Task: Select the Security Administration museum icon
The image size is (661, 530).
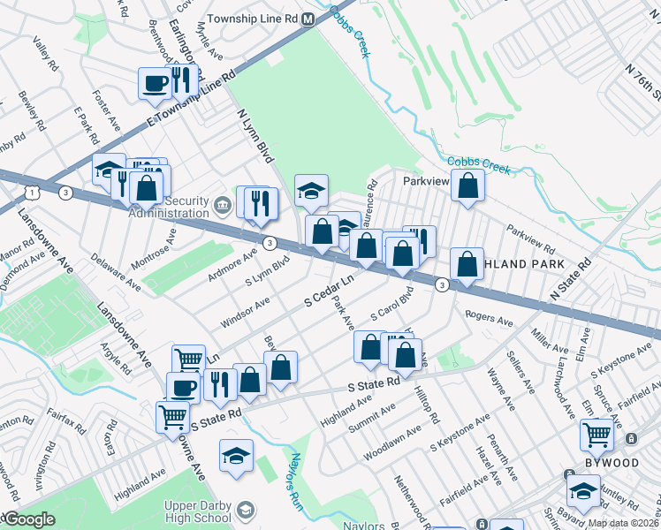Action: pos(221,207)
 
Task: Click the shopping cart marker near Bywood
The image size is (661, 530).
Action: pos(597,435)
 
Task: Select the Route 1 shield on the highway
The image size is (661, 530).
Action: pos(33,192)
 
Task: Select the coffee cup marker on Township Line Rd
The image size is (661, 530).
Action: pos(155,84)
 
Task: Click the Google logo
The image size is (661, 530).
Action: pos(28,520)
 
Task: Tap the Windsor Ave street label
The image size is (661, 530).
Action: pos(245,314)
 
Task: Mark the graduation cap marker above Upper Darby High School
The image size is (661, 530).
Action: pos(236,456)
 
